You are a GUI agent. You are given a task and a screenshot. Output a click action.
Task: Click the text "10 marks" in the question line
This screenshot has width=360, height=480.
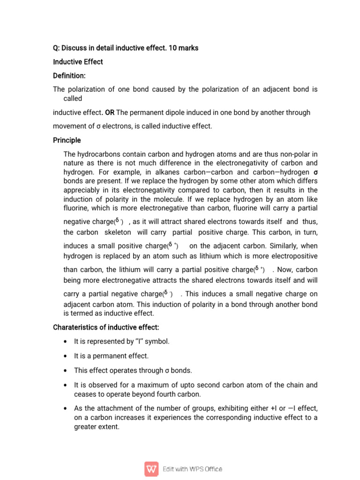coord(186,48)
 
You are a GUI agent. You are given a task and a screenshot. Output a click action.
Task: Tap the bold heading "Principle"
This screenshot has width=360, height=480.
coord(67,140)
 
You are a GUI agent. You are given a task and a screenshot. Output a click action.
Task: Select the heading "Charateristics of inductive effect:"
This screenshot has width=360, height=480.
coord(108,327)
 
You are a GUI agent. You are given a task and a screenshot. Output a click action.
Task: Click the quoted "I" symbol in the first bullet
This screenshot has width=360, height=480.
coord(139,342)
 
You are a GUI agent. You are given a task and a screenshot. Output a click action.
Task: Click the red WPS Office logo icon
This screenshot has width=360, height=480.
coord(151,469)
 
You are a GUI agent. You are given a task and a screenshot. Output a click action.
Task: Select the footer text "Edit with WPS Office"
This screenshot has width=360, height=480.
coord(192,469)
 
